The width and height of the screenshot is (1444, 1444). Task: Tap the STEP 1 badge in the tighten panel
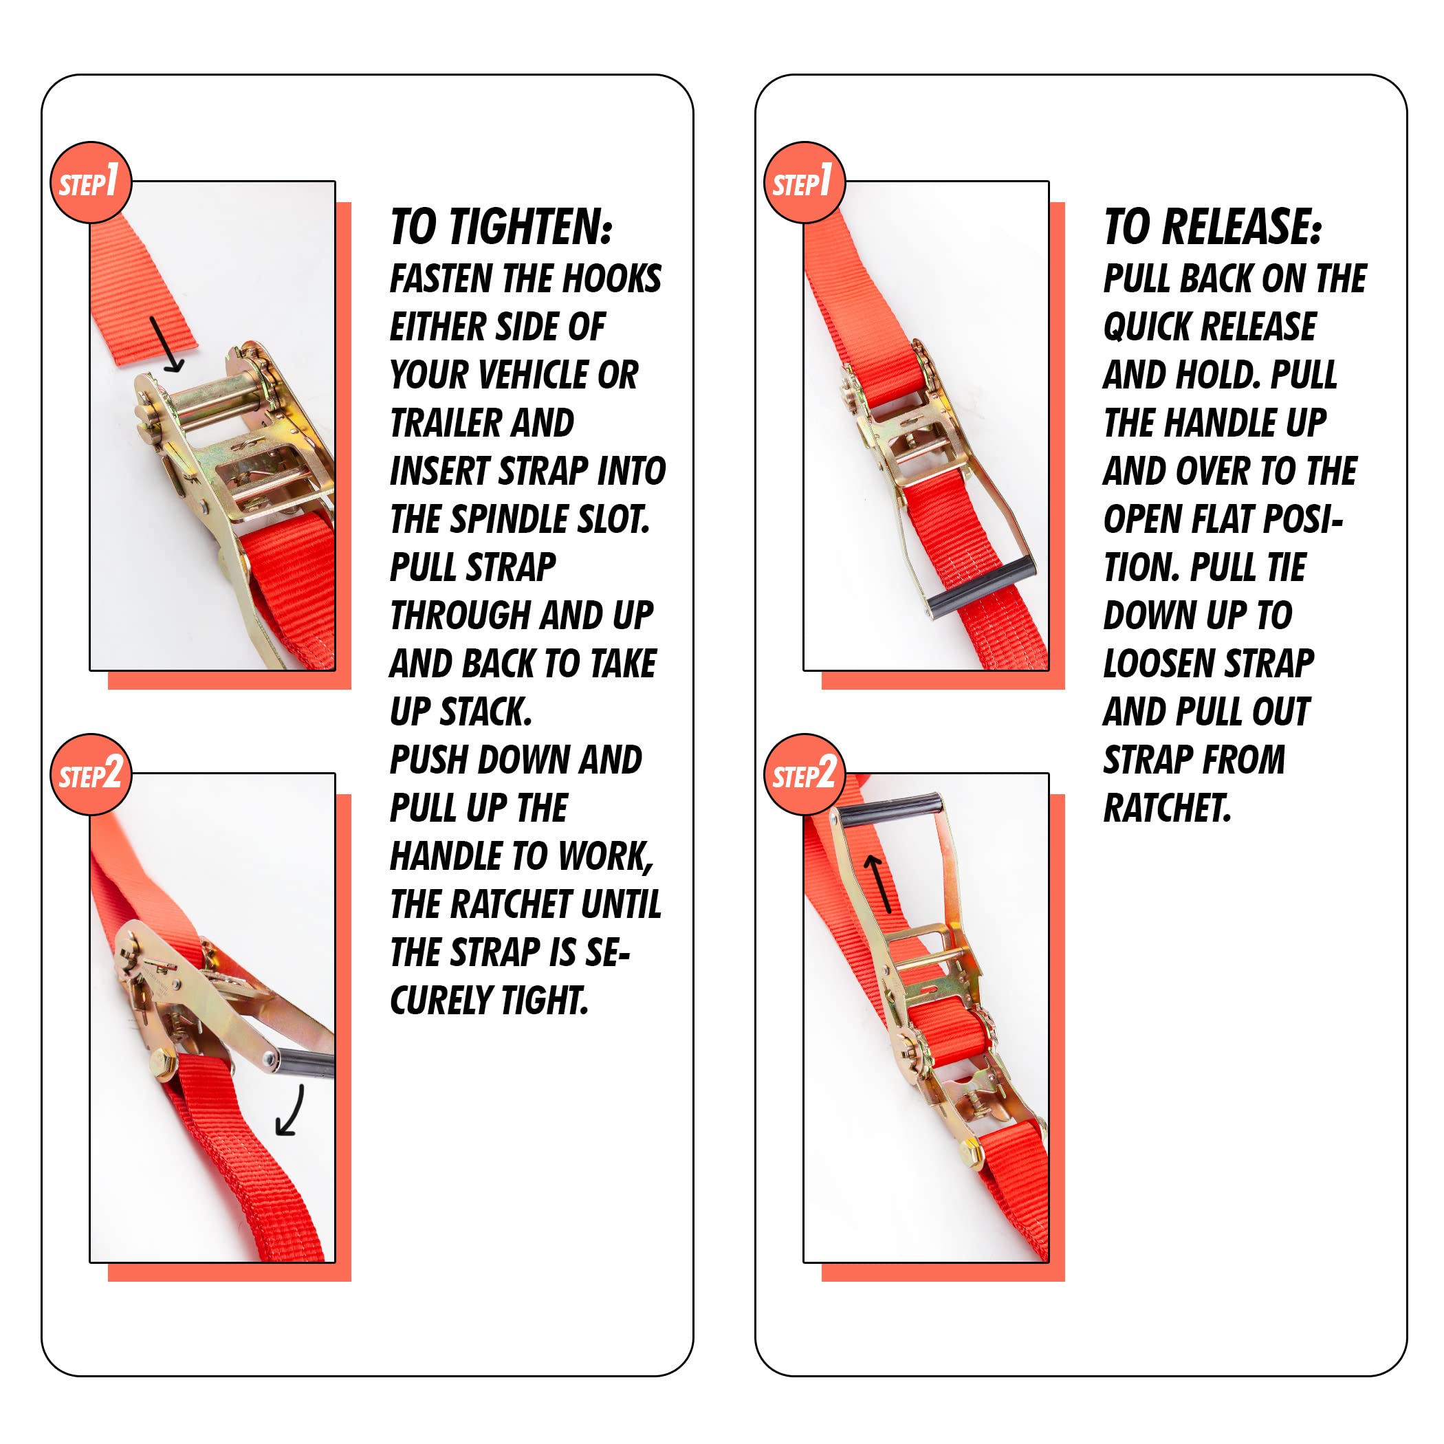point(89,182)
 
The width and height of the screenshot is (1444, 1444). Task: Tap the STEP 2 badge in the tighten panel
point(89,774)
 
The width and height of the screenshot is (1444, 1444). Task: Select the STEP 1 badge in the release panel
point(803,182)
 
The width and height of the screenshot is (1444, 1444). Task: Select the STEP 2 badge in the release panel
point(803,774)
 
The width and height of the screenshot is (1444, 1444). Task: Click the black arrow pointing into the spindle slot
point(166,344)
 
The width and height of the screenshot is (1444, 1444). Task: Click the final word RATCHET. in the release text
point(1167,809)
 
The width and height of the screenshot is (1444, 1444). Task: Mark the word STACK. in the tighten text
point(486,712)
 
